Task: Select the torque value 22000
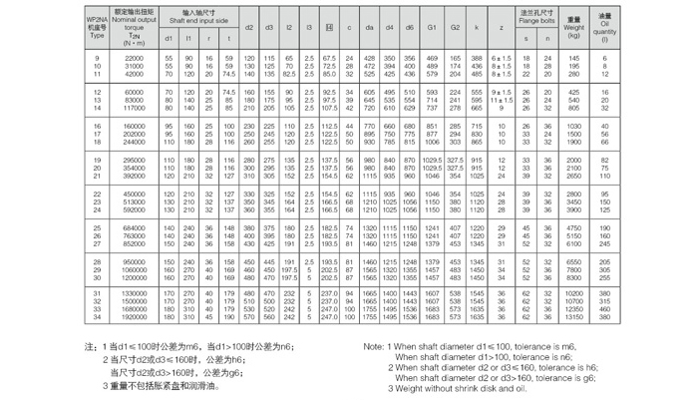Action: (x=134, y=59)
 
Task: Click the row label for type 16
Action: (x=97, y=127)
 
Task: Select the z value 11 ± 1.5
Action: (x=501, y=100)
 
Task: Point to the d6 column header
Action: (x=409, y=27)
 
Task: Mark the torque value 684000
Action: (x=134, y=227)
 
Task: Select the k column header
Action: (x=477, y=27)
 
